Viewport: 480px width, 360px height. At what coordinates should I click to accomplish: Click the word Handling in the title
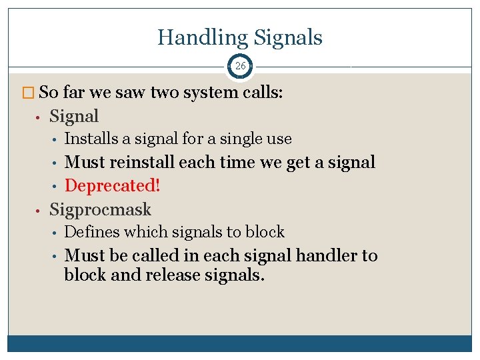199,37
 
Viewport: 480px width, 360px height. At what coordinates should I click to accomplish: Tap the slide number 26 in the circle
240,66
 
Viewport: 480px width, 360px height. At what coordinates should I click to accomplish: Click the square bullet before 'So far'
32,93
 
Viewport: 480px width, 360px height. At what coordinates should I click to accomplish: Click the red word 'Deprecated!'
113,185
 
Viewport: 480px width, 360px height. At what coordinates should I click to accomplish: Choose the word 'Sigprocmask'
101,209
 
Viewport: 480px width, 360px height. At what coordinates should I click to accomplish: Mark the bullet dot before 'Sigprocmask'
39,210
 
